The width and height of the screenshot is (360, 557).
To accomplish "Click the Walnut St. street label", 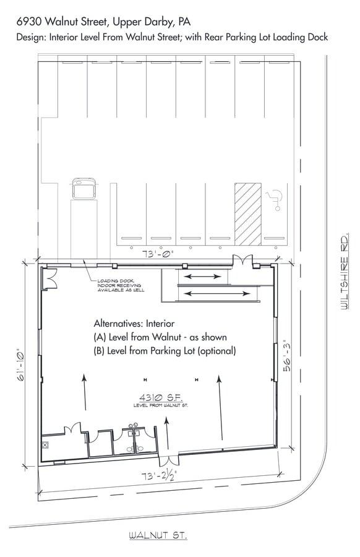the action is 158,535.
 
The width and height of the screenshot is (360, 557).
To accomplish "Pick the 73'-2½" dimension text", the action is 159,475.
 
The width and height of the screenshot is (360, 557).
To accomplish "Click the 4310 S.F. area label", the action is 161,397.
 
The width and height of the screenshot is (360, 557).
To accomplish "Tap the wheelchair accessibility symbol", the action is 275,199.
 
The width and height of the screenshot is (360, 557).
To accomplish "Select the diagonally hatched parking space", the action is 248,214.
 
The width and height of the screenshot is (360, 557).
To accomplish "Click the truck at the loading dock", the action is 84,188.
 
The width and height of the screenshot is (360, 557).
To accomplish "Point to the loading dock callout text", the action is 121,285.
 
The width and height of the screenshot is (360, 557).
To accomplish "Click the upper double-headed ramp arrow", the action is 203,277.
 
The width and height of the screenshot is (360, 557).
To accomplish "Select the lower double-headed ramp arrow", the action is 218,293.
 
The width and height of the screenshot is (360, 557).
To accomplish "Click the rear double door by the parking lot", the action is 242,261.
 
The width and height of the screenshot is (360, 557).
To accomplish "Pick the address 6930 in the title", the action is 30,22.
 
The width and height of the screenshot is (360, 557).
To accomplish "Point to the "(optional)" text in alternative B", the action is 216,351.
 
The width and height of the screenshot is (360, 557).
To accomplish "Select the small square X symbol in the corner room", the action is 45,445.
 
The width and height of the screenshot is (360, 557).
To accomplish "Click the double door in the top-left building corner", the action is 49,278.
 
